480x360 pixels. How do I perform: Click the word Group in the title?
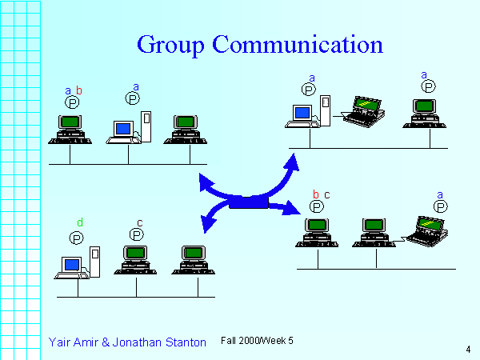pyautogui.click(x=170, y=45)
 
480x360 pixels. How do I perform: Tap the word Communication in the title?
pyautogui.click(x=298, y=44)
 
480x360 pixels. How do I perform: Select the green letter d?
pyautogui.click(x=80, y=222)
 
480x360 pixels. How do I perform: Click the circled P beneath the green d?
pyautogui.click(x=76, y=238)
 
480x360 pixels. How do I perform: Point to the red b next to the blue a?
pyautogui.click(x=79, y=90)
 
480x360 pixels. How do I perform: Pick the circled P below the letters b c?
pyautogui.click(x=317, y=206)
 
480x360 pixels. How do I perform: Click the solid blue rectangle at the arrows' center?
pyautogui.click(x=249, y=202)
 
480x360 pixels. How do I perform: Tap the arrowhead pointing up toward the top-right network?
pyautogui.click(x=292, y=162)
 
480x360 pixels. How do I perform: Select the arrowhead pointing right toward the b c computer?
pyautogui.click(x=291, y=207)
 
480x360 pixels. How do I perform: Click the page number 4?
pyautogui.click(x=468, y=349)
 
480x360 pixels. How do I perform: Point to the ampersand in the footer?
pyautogui.click(x=106, y=342)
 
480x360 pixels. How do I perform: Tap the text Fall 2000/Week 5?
pyautogui.click(x=257, y=341)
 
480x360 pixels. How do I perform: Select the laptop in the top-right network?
pyautogui.click(x=363, y=112)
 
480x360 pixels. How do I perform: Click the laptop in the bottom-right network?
pyautogui.click(x=426, y=231)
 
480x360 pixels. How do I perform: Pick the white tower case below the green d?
pyautogui.click(x=95, y=262)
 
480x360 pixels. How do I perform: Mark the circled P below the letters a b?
pyautogui.click(x=72, y=102)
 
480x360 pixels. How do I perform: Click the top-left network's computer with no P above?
pyautogui.click(x=186, y=129)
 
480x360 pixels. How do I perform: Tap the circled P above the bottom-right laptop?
pyautogui.click(x=441, y=206)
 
